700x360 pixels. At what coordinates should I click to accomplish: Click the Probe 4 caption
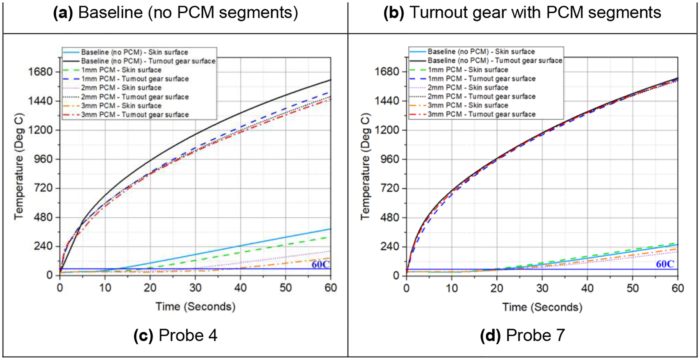click(x=175, y=335)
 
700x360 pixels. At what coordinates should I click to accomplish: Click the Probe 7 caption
click(x=522, y=335)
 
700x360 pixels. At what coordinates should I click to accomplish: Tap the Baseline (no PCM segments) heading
click(x=176, y=12)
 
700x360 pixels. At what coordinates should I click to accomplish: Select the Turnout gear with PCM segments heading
click(x=522, y=12)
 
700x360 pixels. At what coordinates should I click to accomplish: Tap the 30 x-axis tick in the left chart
click(x=195, y=288)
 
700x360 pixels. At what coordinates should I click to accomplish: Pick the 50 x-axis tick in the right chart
click(x=633, y=288)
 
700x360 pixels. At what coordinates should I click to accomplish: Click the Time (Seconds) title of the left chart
click(x=195, y=307)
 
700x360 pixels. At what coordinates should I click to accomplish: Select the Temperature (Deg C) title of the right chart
click(x=365, y=166)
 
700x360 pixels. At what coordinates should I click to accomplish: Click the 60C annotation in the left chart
click(x=320, y=265)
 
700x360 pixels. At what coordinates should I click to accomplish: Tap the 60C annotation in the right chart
click(x=665, y=264)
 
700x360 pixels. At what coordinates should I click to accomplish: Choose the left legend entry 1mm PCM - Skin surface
click(x=121, y=70)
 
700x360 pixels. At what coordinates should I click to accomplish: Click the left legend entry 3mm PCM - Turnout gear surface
click(x=135, y=115)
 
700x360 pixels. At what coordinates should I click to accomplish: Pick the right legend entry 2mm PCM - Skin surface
click(x=467, y=87)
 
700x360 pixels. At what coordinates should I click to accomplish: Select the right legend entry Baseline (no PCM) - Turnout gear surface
click(x=495, y=61)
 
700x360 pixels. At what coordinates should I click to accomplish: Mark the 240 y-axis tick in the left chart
click(x=44, y=246)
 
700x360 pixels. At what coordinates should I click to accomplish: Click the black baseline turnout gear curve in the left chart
click(x=194, y=135)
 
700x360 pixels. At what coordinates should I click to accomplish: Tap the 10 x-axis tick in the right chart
click(x=451, y=288)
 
